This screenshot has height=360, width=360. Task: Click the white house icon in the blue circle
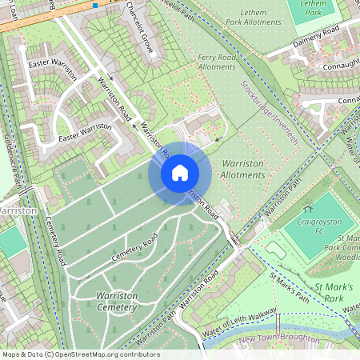click(x=180, y=173)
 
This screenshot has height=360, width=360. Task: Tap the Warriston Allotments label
click(x=241, y=169)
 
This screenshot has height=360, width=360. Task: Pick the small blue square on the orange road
click(x=94, y=6)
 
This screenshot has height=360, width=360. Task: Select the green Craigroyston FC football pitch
click(x=316, y=224)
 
